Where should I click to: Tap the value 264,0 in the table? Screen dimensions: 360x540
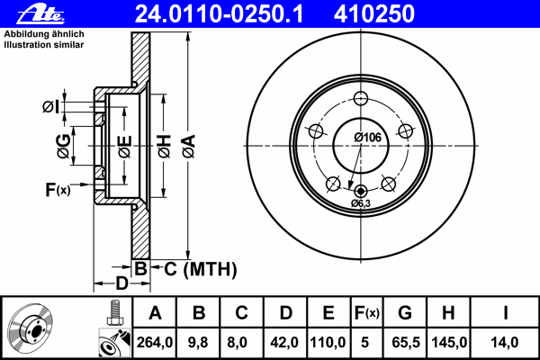(x=155, y=341)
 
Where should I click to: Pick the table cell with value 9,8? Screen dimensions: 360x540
(x=199, y=341)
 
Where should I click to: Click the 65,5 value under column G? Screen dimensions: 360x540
(x=404, y=341)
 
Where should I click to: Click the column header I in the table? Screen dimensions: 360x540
(x=506, y=313)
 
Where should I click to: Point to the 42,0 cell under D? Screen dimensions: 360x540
(x=285, y=341)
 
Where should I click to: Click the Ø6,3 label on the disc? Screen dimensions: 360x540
(x=362, y=204)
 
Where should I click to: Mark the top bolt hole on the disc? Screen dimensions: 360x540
(x=362, y=99)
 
